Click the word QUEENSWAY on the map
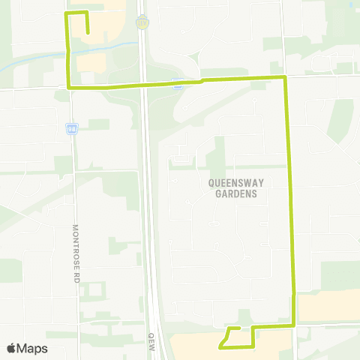coord(232,182)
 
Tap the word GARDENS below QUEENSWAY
coord(232,193)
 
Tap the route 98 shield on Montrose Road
coord(70,128)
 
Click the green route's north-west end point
coord(88,33)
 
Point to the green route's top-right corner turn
coord(284,77)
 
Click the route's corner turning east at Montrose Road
coord(70,88)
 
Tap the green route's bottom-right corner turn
coord(294,325)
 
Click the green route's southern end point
coord(220,346)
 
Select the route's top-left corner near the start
coord(67,14)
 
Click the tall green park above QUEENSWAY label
coord(217,154)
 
